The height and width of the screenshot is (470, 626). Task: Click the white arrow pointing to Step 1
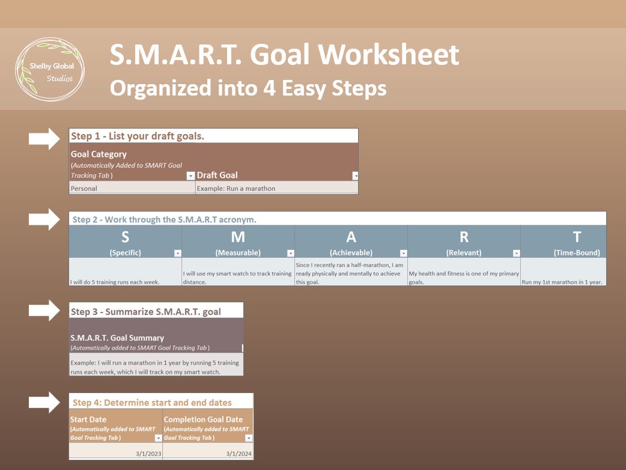click(44, 139)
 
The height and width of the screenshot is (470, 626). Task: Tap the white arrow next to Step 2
click(44, 219)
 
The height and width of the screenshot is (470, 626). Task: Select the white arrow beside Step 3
click(44, 310)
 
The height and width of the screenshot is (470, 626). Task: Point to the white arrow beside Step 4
click(44, 402)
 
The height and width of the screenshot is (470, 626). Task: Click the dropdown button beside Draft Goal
click(355, 176)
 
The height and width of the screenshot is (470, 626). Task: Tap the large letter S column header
click(125, 237)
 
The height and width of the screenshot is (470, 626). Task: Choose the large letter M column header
click(238, 237)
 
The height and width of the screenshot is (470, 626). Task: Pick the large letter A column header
click(351, 237)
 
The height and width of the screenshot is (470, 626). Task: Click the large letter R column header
click(464, 237)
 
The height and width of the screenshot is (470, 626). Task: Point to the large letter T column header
click(576, 237)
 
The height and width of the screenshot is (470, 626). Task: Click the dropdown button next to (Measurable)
click(291, 254)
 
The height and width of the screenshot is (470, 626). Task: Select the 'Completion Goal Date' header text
click(204, 420)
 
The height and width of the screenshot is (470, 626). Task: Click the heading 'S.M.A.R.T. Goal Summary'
click(117, 338)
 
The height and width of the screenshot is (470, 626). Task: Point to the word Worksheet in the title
click(389, 55)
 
